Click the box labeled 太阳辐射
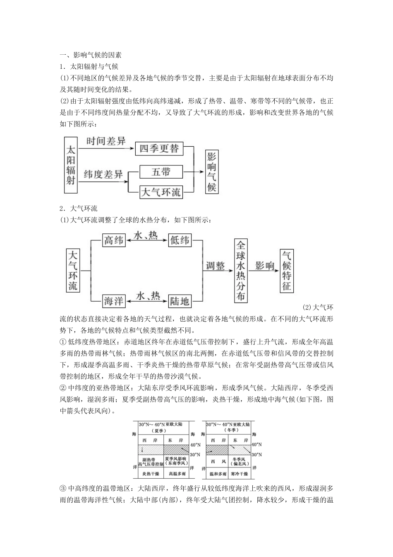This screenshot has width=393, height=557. (71, 165)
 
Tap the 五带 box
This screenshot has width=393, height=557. (161, 172)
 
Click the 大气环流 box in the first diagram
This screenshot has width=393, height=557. (161, 192)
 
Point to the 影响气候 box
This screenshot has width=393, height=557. (211, 172)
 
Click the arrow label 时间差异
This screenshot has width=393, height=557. (106, 141)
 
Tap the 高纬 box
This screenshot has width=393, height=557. (114, 240)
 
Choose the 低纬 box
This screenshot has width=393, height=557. (180, 240)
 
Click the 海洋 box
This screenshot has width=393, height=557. (114, 301)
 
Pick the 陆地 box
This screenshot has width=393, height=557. (180, 301)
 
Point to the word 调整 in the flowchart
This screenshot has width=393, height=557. (215, 266)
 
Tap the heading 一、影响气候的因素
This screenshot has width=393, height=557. (91, 55)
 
